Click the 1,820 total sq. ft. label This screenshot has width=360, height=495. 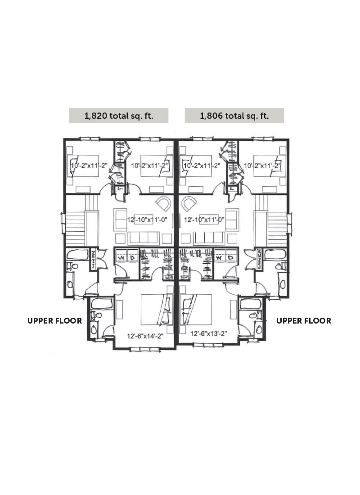click(x=119, y=116)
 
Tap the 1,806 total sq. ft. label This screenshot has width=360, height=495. click(x=234, y=116)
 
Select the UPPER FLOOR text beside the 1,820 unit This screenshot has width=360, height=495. click(x=54, y=321)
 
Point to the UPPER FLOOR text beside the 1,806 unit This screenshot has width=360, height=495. click(x=304, y=321)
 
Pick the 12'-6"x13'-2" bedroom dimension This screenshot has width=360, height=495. click(x=208, y=334)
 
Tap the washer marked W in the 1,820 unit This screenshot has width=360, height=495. click(x=121, y=257)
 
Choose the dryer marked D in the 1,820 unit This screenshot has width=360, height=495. click(x=132, y=257)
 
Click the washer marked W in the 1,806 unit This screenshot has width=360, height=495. click(x=219, y=258)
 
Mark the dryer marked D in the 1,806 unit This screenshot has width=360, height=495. click(x=229, y=258)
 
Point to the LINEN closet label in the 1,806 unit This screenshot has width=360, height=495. click(x=261, y=259)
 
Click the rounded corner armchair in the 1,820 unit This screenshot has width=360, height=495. click(x=163, y=203)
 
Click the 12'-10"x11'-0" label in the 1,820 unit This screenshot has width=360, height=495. click(x=147, y=220)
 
